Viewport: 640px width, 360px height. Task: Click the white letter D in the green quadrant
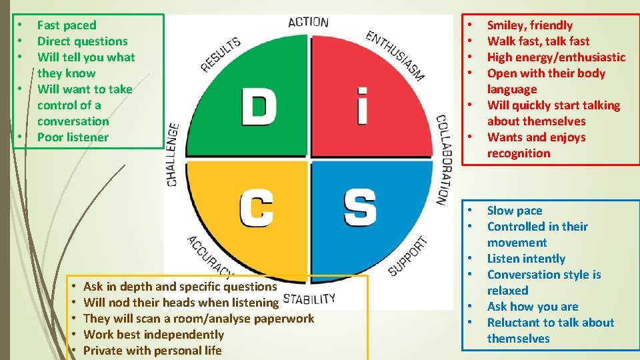[x=259, y=106]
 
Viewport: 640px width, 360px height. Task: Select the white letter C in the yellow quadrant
[x=256, y=207]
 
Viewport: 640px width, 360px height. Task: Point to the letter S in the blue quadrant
[x=360, y=207]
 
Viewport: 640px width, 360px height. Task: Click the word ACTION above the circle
[x=308, y=22]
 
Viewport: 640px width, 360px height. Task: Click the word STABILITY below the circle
[x=309, y=298]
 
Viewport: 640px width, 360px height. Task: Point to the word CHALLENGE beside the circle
[x=172, y=154]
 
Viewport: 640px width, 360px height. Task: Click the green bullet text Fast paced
[x=67, y=25]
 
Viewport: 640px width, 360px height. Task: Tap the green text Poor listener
[x=73, y=137]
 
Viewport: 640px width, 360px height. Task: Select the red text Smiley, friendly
[x=530, y=25]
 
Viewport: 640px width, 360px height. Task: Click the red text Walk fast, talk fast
[x=538, y=41]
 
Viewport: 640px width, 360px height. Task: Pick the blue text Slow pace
[x=515, y=211]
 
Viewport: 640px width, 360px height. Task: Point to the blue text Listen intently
[x=526, y=259]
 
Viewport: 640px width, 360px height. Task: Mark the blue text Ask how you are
[x=533, y=307]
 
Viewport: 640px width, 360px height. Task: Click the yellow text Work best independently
[x=153, y=335]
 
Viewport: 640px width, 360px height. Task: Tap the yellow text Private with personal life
[x=152, y=351]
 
